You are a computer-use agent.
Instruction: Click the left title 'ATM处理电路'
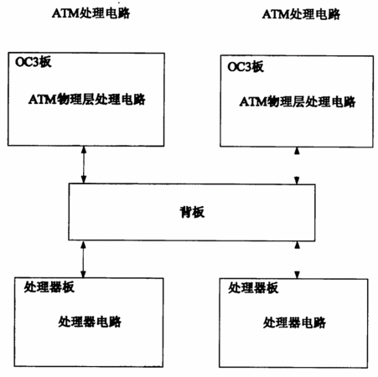click(91, 13)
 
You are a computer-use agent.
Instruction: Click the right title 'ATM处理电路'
click(301, 14)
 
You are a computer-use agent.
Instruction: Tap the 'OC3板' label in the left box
click(34, 62)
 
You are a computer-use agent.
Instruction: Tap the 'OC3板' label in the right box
click(246, 67)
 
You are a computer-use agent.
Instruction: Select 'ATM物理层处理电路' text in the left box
click(86, 100)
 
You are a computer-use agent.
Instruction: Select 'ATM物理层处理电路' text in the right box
click(298, 101)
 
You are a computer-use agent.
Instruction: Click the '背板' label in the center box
click(192, 212)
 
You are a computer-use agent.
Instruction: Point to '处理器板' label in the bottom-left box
click(49, 287)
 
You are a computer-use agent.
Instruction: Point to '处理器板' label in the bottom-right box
click(253, 288)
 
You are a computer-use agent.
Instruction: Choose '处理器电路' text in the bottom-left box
click(90, 322)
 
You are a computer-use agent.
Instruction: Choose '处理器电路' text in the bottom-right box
click(294, 323)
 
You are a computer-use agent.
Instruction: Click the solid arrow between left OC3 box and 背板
click(84, 165)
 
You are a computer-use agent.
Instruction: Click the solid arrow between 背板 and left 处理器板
click(83, 260)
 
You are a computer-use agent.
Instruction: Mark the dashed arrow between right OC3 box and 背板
click(297, 166)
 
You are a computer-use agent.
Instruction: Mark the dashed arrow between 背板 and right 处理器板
click(297, 260)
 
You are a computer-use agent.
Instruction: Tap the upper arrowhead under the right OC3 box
click(297, 151)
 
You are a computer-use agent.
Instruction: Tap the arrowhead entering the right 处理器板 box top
click(297, 275)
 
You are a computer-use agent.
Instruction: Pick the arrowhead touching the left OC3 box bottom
click(84, 150)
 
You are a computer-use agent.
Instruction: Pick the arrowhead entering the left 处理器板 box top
click(83, 275)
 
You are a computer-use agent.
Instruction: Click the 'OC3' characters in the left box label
click(27, 62)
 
